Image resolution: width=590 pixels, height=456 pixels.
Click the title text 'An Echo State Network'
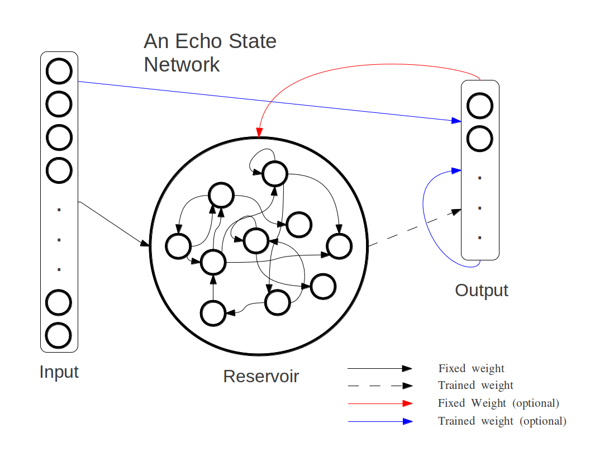210,53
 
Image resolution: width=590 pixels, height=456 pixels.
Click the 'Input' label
59,372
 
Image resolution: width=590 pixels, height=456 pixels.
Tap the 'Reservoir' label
261,376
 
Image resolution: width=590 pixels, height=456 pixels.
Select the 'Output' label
481,290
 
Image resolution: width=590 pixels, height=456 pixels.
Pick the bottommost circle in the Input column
59,335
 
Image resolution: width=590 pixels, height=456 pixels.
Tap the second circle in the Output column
480,138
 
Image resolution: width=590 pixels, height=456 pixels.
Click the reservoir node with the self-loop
275,174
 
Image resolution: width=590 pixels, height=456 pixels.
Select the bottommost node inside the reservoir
213,313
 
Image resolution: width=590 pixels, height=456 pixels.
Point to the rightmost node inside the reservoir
339,246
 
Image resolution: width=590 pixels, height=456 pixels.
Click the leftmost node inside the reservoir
179,246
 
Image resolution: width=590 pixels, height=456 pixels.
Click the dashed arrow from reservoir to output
413,228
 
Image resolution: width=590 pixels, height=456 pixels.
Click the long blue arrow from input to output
268,101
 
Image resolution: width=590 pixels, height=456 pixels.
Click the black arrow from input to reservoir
115,224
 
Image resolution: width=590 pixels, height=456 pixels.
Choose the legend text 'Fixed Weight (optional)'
498,403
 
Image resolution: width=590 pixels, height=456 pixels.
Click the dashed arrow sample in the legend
380,386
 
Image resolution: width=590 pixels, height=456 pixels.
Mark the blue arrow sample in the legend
380,421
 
